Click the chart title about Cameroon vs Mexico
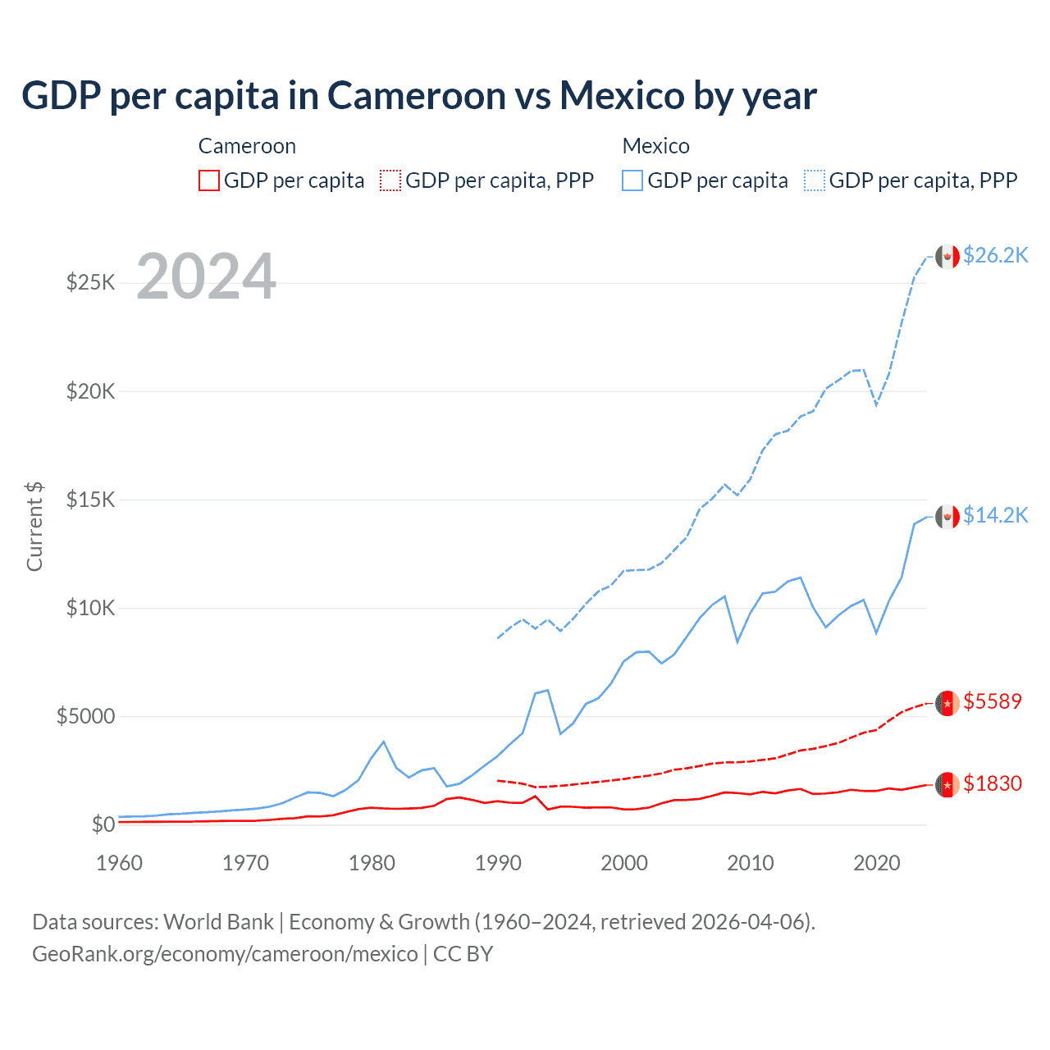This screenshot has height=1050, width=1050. [418, 96]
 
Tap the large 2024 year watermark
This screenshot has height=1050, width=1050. [206, 277]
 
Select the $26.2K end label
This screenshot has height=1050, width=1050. [995, 256]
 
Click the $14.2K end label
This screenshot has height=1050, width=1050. [995, 515]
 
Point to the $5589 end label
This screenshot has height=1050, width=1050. [993, 702]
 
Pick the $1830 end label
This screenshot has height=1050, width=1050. [993, 784]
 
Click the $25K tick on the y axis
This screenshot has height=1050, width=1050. [91, 283]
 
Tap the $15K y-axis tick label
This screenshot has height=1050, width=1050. [91, 500]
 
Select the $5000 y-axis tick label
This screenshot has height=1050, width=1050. [86, 716]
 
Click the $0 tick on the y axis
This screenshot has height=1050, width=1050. [103, 824]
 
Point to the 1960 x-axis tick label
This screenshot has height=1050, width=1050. [120, 863]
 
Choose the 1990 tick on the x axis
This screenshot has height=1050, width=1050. [498, 863]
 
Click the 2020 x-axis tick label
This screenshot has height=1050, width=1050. [877, 863]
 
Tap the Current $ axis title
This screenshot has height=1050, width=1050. [34, 526]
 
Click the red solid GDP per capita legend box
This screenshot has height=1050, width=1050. [209, 180]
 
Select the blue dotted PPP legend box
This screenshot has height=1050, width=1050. [815, 180]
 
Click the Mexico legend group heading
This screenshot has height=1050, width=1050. [655, 146]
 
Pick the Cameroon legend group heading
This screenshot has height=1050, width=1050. [247, 146]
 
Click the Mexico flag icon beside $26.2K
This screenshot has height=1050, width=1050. [947, 257]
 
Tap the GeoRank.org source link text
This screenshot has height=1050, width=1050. [225, 954]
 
